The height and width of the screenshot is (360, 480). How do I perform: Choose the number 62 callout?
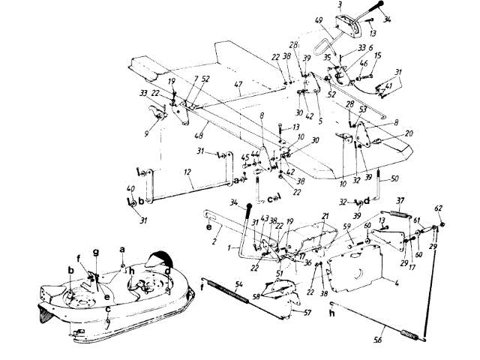(439, 208)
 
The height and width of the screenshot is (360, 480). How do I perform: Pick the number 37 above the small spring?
(400, 200)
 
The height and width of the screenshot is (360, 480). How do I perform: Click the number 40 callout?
(130, 188)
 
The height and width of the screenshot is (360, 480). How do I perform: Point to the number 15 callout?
(377, 55)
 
